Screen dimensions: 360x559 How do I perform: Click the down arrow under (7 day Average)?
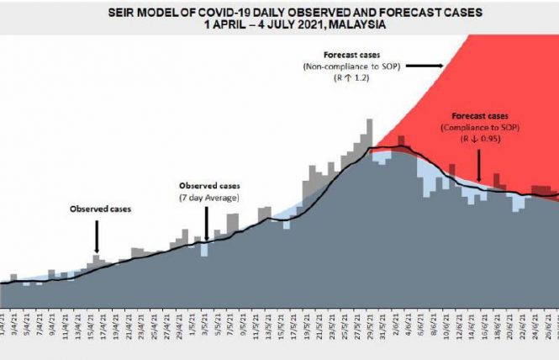click(x=207, y=224)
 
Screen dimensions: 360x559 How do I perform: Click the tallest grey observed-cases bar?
click(x=368, y=135)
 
